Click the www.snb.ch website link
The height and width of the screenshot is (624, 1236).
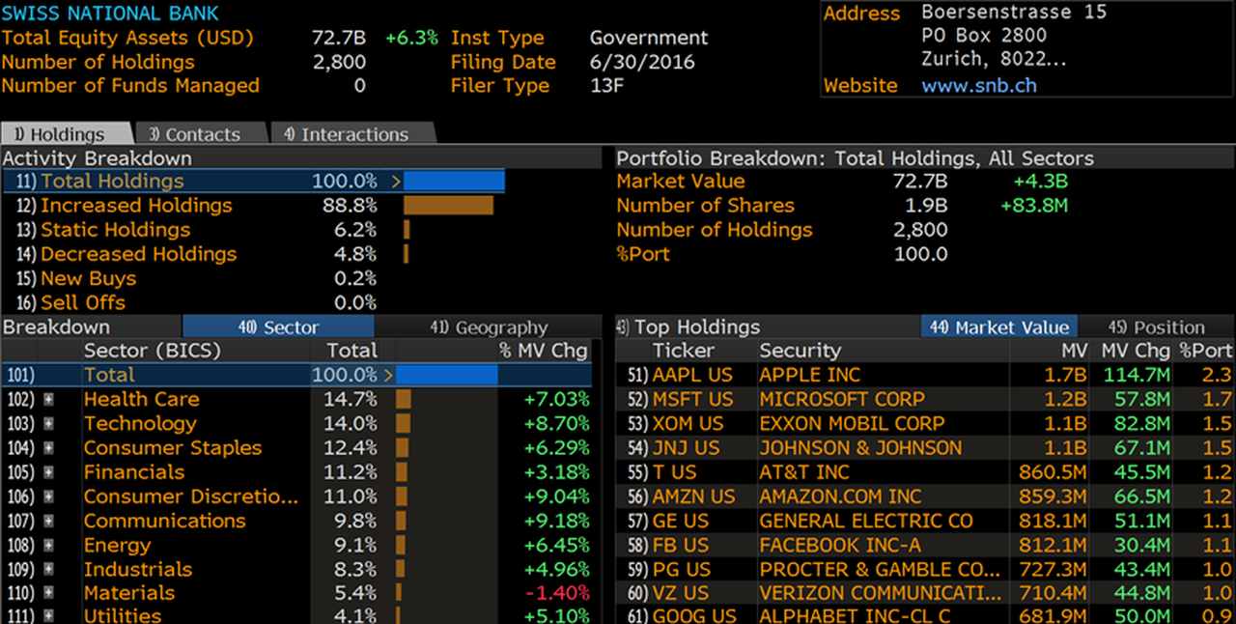[x=979, y=86]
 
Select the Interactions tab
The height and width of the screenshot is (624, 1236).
[x=353, y=133]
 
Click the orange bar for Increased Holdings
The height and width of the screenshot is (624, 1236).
[x=449, y=206]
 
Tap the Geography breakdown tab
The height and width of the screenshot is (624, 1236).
[x=489, y=327]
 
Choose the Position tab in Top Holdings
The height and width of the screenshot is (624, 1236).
[x=1157, y=327]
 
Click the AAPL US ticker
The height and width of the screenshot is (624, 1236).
[x=692, y=375]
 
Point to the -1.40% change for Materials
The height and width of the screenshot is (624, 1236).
[x=557, y=594]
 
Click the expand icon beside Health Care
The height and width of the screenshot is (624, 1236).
[x=49, y=399]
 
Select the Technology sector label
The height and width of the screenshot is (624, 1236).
[x=140, y=423]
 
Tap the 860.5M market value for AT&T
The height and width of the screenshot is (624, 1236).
[x=1053, y=472]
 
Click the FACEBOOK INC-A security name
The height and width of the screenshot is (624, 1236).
[x=840, y=545]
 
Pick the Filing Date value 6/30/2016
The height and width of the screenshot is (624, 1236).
[x=642, y=62]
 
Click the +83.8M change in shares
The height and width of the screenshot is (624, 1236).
[x=1034, y=206]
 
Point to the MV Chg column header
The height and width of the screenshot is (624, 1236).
[x=1136, y=351]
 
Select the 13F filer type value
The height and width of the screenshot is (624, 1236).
[x=606, y=86]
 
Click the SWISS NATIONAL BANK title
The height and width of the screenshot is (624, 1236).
[x=110, y=13]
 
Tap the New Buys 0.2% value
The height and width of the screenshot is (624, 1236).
[x=354, y=278]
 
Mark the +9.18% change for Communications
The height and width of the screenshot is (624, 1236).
[x=557, y=521]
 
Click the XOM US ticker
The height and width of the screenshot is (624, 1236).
[x=688, y=423]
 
